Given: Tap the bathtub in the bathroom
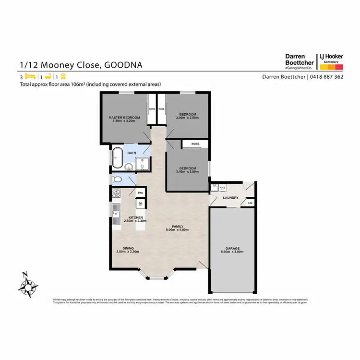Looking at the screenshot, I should click(x=118, y=156).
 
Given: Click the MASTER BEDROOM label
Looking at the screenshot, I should click(x=124, y=118).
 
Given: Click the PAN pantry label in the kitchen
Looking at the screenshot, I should click(x=140, y=193).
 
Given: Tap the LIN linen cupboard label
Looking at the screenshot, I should click(x=250, y=203).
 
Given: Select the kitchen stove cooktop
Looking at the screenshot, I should click(x=115, y=194).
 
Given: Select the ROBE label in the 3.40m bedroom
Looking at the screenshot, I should click(x=195, y=144).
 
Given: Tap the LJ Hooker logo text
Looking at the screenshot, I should click(x=330, y=56).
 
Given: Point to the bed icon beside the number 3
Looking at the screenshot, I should click(x=30, y=77).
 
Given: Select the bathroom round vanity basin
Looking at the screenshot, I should click(x=129, y=167).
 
